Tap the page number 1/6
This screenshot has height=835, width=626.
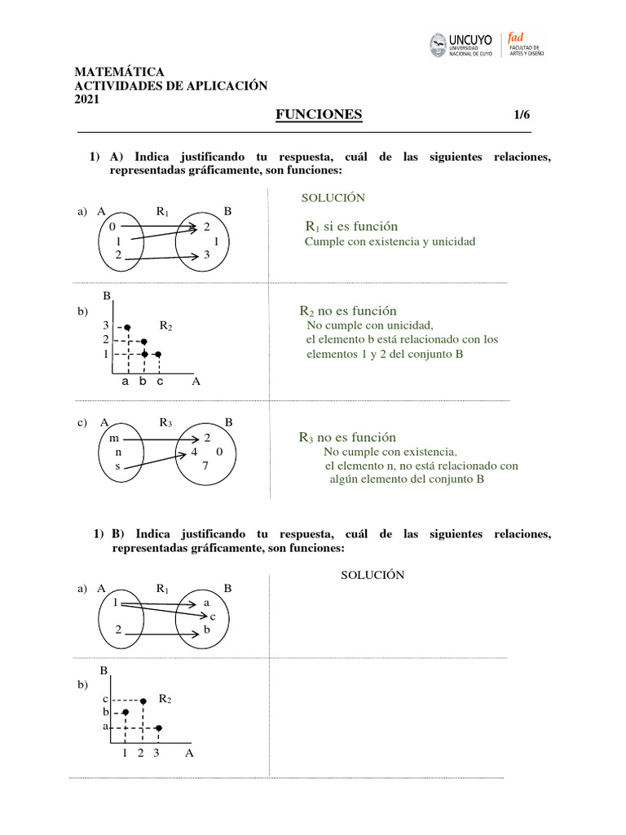click(522, 116)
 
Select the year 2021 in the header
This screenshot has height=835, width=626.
click(86, 99)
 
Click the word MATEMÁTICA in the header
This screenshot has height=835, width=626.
click(119, 73)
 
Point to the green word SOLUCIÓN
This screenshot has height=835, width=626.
click(333, 198)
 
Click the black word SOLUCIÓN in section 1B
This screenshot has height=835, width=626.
click(373, 575)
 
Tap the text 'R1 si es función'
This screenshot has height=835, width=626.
click(351, 227)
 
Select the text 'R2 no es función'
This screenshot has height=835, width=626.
click(348, 311)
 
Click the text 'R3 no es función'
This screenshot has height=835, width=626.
click(348, 438)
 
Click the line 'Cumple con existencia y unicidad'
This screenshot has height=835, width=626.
click(390, 242)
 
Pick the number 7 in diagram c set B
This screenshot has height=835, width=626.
click(205, 466)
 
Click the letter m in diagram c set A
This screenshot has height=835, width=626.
click(114, 438)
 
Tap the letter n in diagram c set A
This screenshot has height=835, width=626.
click(118, 452)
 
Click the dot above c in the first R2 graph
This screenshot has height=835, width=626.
click(158, 355)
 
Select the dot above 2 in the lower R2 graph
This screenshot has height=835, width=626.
click(143, 700)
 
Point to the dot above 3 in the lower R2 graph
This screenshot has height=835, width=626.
click(158, 727)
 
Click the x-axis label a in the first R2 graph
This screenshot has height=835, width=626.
click(126, 381)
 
